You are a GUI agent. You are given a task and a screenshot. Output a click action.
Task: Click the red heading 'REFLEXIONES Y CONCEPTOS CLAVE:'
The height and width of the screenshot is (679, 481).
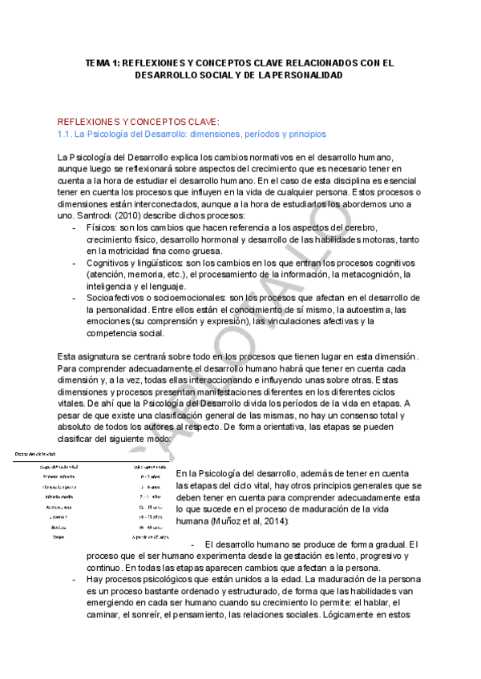[x=138, y=122]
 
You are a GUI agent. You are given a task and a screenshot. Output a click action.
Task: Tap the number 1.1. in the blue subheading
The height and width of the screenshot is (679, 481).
[x=66, y=134]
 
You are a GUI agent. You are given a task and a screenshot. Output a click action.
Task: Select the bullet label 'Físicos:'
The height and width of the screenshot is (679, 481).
[x=103, y=228]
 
